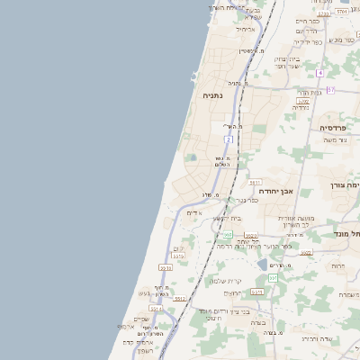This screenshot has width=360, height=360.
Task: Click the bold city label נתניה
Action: pos(212,94)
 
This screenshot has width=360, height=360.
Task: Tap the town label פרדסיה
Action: pos(336,129)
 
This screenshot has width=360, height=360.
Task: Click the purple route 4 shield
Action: pos(319,71)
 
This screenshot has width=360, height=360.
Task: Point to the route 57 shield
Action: pos(330,90)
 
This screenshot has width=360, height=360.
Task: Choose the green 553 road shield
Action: pos(229,235)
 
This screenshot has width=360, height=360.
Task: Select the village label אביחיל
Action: pos(245,29)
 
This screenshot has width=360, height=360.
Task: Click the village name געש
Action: pos(145,293)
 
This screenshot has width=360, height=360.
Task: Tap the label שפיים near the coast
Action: pos(141,319)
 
